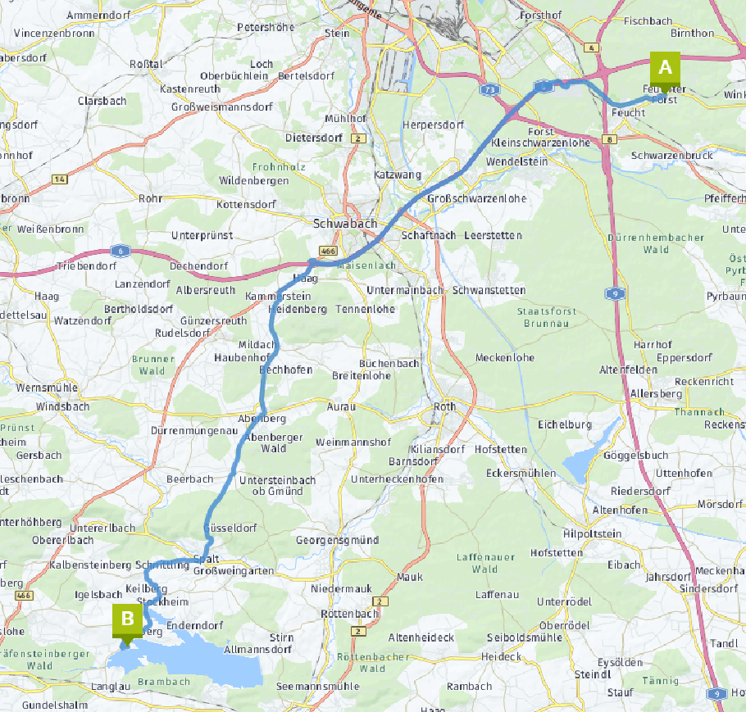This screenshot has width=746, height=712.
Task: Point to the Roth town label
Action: tap(444, 406)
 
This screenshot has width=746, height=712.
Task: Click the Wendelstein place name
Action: tap(516, 162)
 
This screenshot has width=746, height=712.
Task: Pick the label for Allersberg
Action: tap(656, 394)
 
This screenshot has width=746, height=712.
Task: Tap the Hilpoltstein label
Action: tap(593, 533)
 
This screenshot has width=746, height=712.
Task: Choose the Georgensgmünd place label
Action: tap(337, 540)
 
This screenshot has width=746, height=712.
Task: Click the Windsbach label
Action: tap(60, 406)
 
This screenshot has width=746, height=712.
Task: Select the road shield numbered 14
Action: tap(59, 179)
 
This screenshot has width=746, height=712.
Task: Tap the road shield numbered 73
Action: tap(490, 88)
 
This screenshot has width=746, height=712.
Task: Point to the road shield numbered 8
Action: tap(609, 139)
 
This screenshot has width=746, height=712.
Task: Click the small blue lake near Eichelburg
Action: tap(580, 465)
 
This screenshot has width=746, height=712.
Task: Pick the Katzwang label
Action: tap(398, 175)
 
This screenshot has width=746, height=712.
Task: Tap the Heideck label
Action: tap(501, 656)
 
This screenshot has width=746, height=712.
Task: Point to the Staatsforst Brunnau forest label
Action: tap(548, 317)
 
